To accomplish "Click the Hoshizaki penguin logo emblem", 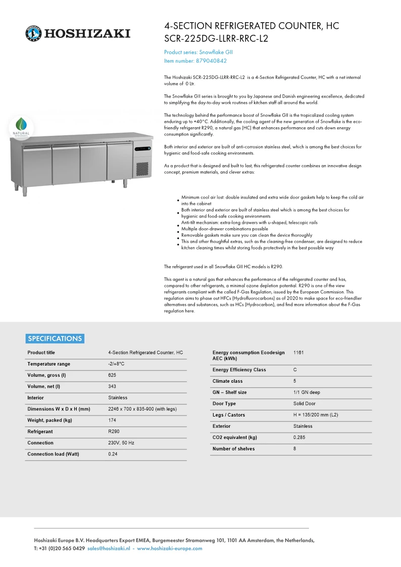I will pyautogui.click(x=34, y=33).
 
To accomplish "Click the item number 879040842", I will pyautogui.click(x=211, y=61).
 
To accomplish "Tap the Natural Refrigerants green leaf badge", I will pyautogui.click(x=21, y=126).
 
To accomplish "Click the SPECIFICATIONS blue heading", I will pyautogui.click(x=55, y=338).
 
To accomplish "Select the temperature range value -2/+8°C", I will pyautogui.click(x=116, y=364).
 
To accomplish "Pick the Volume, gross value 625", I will pyautogui.click(x=112, y=375).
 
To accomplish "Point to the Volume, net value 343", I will pyautogui.click(x=112, y=386).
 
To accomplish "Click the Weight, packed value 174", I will pyautogui.click(x=112, y=420).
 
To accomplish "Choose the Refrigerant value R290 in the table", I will pyautogui.click(x=114, y=432).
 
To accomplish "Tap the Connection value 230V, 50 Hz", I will pyautogui.click(x=121, y=443).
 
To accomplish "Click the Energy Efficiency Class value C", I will pyautogui.click(x=295, y=370).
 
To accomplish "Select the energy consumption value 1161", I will pyautogui.click(x=298, y=352).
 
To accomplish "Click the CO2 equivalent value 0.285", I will pyautogui.click(x=299, y=437).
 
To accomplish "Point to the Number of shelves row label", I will pyautogui.click(x=233, y=449).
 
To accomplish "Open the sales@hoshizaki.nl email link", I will pyautogui.click(x=109, y=548).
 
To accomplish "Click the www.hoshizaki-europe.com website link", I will pyautogui.click(x=170, y=548).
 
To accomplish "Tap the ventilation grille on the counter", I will pyautogui.click(x=143, y=169).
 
